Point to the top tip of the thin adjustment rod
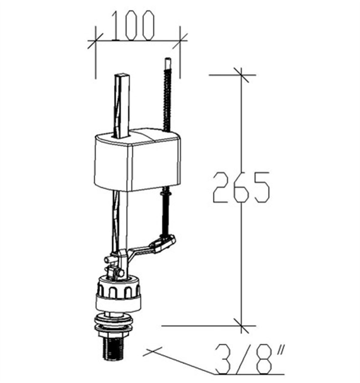click(168, 59)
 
